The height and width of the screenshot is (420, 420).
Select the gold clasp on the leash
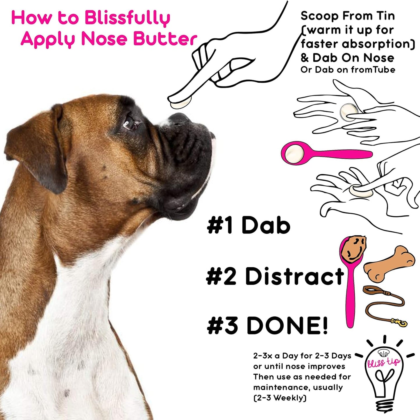coord(400,322)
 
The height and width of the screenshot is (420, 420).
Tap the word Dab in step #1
coord(266,225)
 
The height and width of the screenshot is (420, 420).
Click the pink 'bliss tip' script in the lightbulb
coord(383,362)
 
